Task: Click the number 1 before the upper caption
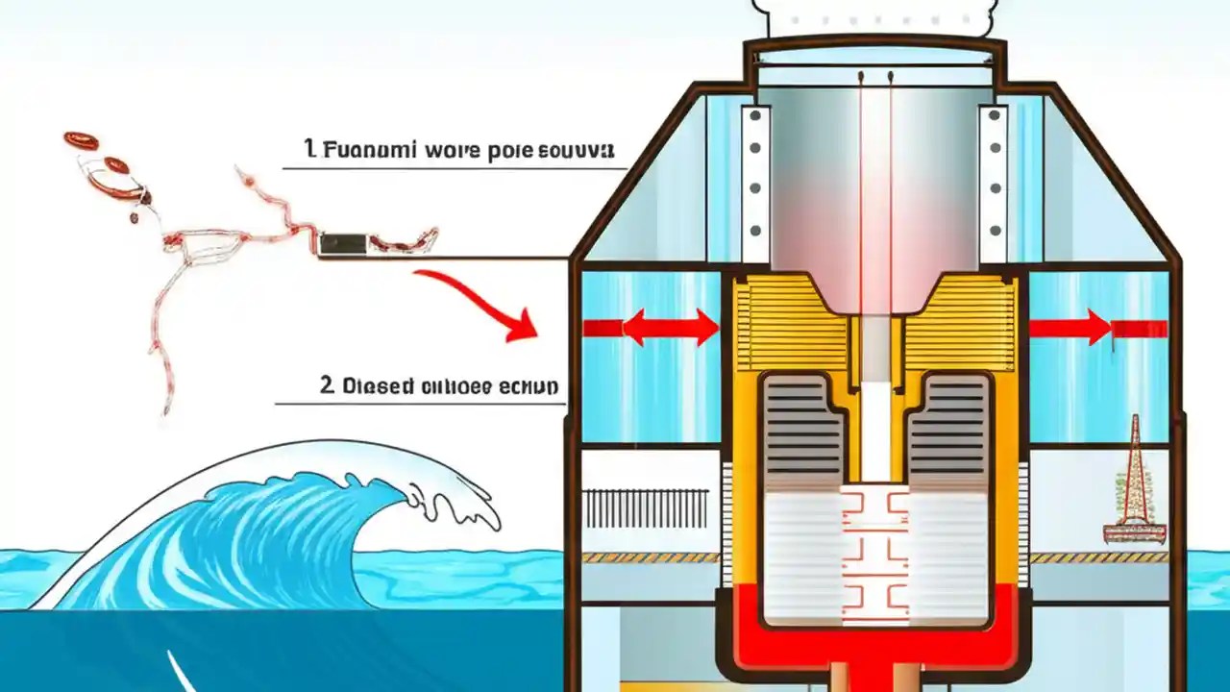309,149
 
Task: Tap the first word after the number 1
358,151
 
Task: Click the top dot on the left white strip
755,116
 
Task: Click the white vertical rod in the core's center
875,404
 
